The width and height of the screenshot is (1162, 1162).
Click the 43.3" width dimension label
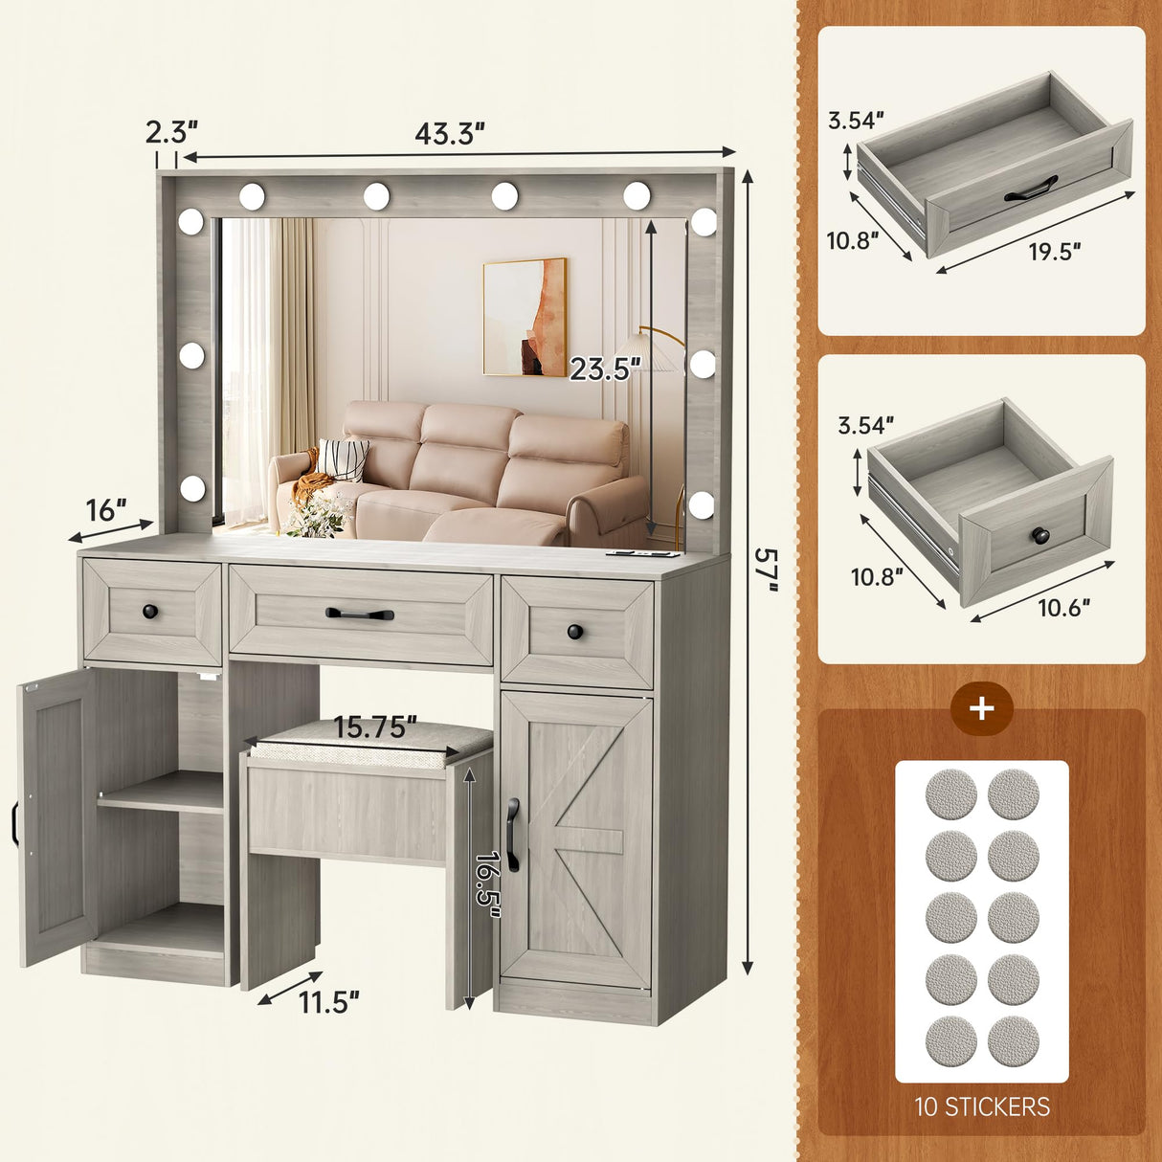[449, 134]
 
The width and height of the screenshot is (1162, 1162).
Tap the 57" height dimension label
[766, 569]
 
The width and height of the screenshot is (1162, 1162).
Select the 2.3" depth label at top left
[171, 131]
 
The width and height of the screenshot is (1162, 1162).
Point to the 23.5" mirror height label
[605, 368]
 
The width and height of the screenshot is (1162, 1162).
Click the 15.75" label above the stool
[374, 727]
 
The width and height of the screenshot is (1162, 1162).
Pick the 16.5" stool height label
[487, 884]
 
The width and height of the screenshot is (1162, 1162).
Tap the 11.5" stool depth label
[328, 1002]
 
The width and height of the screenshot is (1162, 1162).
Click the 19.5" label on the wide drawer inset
[1054, 252]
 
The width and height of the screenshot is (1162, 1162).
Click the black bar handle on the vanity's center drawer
[360, 614]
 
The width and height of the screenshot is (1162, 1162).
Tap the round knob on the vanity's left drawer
[149, 611]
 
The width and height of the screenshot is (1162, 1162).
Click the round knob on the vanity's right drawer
[573, 632]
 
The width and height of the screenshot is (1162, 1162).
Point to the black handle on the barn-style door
[513, 835]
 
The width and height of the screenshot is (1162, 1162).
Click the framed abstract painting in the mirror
[525, 317]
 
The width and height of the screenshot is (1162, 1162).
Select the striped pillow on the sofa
[342, 459]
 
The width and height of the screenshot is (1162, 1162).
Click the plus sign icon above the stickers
[982, 710]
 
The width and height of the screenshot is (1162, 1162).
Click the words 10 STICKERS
[982, 1106]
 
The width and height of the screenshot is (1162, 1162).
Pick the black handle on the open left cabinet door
[15, 824]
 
